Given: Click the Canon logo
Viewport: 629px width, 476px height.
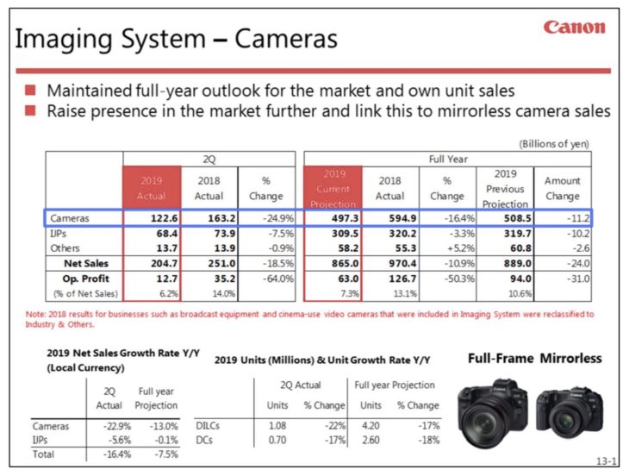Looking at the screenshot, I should [574, 28].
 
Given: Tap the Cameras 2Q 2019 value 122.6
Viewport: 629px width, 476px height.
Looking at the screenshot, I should [152, 219].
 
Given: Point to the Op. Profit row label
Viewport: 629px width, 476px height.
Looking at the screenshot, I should [77, 279].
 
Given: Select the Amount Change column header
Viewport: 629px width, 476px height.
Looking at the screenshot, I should [562, 188].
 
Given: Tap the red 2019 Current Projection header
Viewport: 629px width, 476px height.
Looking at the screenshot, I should [333, 188].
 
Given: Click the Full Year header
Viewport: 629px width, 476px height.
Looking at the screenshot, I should [447, 160].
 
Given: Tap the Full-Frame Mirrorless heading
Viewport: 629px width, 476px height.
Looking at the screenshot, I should [535, 358].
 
